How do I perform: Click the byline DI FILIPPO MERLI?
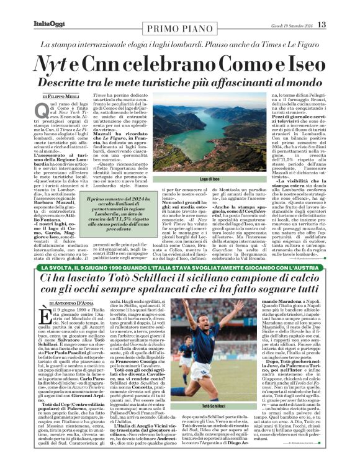(x=63, y=97)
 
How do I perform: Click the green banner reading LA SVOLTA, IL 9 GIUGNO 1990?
(x=180, y=267)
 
